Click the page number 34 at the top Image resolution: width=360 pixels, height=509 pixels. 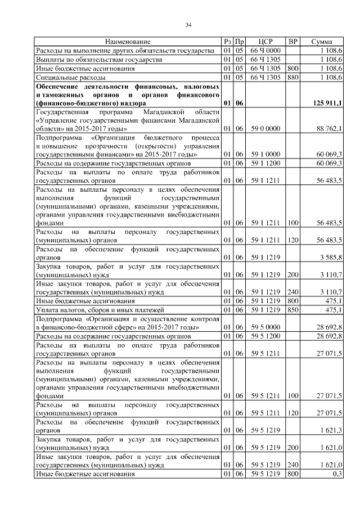click(188, 24)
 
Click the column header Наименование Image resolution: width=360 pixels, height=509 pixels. click(128, 42)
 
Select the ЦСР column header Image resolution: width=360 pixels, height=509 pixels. click(265, 42)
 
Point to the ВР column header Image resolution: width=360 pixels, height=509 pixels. click(292, 42)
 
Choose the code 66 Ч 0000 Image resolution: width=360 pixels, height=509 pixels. click(265, 51)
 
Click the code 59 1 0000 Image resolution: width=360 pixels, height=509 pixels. click(265, 154)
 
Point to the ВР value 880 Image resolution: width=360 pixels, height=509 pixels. click(292, 76)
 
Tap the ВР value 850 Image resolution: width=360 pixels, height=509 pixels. click(292, 309)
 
